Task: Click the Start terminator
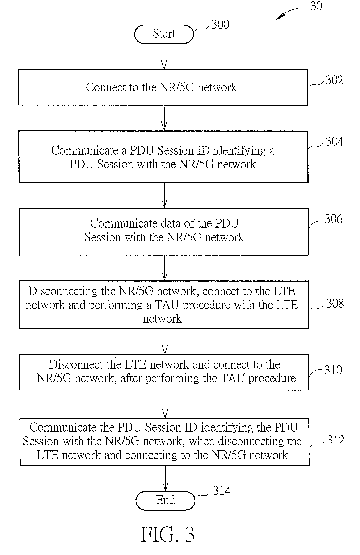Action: point(164,34)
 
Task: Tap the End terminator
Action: point(165,500)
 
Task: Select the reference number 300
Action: point(220,25)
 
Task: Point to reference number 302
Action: point(334,80)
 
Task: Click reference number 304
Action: point(334,142)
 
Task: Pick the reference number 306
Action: point(334,219)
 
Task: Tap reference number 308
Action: point(335,303)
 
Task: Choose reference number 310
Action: point(333,370)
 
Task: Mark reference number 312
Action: point(335,440)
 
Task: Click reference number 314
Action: point(222,491)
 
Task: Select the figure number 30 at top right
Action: point(316,6)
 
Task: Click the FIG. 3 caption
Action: point(168,534)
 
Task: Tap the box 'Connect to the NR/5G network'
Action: point(163,87)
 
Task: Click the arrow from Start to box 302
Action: point(164,56)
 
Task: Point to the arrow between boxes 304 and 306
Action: point(164,195)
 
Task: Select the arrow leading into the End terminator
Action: point(165,478)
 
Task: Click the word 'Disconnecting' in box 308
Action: point(62,291)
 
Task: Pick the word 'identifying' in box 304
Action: point(240,151)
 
